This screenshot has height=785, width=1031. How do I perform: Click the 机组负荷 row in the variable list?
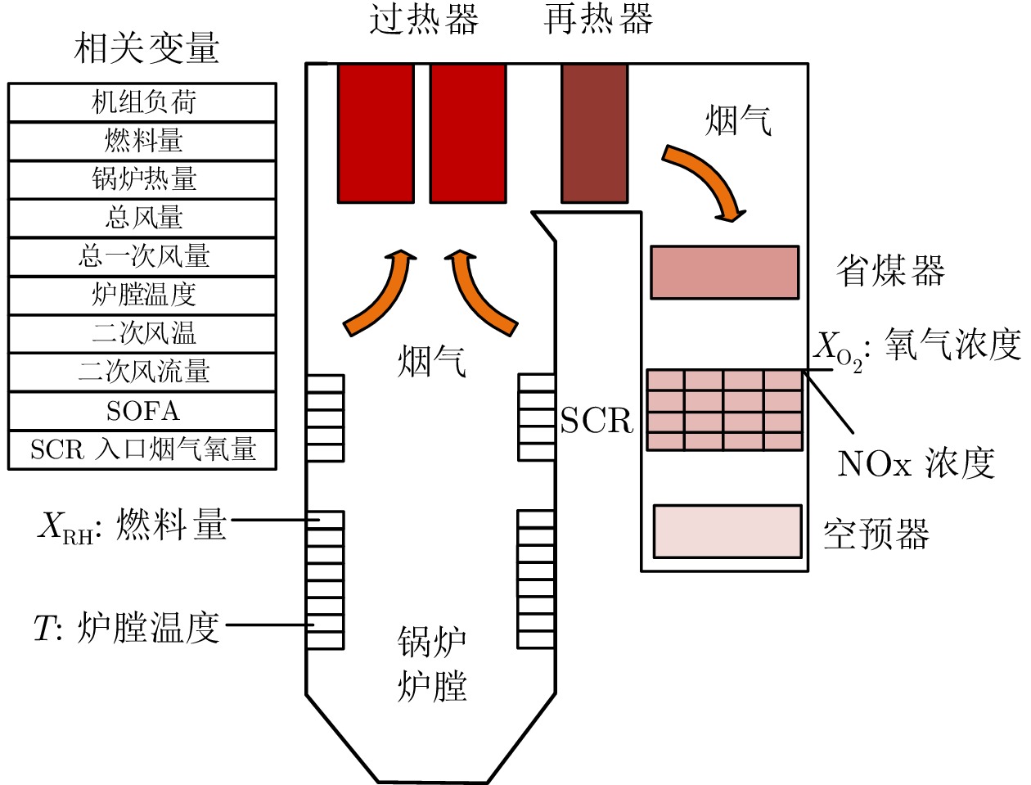tap(142, 102)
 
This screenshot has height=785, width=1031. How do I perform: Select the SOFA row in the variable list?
tap(142, 411)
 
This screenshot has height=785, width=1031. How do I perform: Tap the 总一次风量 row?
tap(142, 256)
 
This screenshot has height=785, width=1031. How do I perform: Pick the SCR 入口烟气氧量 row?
tap(142, 449)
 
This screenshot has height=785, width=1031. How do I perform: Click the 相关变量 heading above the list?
tap(146, 48)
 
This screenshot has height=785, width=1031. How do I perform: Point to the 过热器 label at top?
tap(424, 19)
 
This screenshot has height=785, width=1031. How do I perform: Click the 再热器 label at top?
tap(598, 19)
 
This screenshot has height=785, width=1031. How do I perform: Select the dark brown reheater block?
tap(595, 134)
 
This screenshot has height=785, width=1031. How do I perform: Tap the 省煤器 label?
tap(890, 271)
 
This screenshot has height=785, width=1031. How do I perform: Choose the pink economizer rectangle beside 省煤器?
tap(725, 273)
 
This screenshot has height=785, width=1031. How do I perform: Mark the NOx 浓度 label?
tap(916, 463)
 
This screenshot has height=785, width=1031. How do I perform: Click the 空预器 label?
tap(877, 535)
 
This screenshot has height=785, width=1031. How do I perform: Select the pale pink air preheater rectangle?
tap(727, 532)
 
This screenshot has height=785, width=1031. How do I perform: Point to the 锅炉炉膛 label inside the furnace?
tap(432, 665)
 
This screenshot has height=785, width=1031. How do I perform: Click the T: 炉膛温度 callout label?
tap(127, 628)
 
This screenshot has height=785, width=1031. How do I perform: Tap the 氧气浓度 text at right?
tap(953, 345)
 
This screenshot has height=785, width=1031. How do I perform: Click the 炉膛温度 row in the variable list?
tap(142, 295)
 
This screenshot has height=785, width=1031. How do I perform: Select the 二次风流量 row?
tap(142, 372)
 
